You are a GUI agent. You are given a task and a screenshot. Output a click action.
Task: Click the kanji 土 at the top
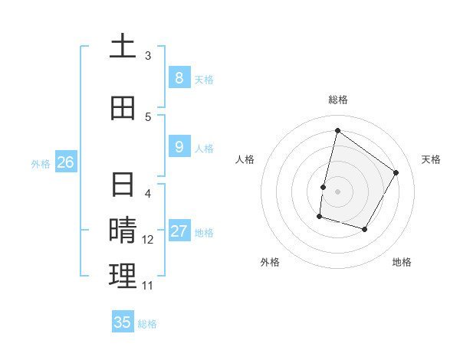(x=123, y=47)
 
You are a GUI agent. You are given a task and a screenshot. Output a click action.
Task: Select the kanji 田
(x=123, y=108)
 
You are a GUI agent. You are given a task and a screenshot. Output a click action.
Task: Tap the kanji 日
(x=123, y=185)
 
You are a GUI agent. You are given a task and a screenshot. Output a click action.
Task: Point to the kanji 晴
(x=123, y=231)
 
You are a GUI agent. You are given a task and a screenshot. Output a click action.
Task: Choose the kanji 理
(x=123, y=277)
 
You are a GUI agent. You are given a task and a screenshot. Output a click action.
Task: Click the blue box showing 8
(x=179, y=77)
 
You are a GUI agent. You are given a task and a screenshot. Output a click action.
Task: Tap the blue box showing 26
(x=65, y=162)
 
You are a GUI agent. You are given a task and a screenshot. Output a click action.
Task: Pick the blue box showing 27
(x=179, y=232)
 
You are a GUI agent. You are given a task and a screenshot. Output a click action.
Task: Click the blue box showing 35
(x=123, y=322)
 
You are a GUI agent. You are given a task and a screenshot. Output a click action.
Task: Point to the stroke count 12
(x=149, y=240)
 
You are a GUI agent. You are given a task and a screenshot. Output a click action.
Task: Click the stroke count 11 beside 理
(x=148, y=286)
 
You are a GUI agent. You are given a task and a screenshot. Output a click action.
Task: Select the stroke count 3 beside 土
(x=148, y=56)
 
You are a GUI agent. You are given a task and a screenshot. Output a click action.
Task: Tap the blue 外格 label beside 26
(x=41, y=163)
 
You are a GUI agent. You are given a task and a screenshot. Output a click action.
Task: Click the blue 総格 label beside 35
(x=147, y=324)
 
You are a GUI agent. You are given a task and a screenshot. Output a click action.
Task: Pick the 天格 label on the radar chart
(x=431, y=159)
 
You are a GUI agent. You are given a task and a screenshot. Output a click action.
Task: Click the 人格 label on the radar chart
(x=245, y=159)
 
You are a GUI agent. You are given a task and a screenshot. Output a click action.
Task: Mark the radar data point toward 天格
(x=396, y=172)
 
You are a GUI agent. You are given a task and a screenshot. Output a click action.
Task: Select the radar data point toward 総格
(x=337, y=130)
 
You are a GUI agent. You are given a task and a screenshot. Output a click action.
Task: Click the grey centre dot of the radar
(x=337, y=191)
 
